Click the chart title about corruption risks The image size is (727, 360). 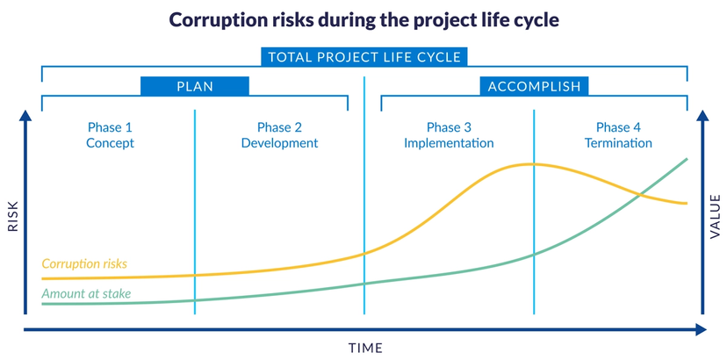click(363, 19)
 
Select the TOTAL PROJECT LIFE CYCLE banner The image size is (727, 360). click(363, 58)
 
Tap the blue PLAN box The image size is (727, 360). click(195, 86)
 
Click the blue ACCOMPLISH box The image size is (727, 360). click(534, 86)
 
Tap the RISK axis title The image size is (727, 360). click(13, 215)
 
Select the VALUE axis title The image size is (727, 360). click(715, 215)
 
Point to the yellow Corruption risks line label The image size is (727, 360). click(84, 263)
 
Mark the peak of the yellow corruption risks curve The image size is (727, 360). click(529, 164)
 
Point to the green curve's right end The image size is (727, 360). click(687, 159)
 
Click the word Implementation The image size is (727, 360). click(449, 143)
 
